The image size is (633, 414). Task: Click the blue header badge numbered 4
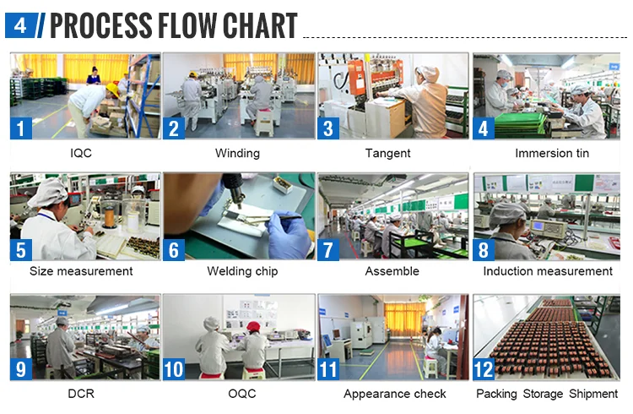point(20,25)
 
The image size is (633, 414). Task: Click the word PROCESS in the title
point(100,25)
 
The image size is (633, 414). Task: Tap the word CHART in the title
point(260,25)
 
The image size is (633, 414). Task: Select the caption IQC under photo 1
point(81,153)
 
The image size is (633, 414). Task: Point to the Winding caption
point(237,153)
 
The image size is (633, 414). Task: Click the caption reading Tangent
point(387,153)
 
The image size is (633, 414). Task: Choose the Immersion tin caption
point(552,153)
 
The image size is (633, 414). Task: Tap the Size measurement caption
point(81,271)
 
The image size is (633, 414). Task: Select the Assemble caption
point(392,271)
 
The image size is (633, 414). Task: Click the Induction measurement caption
point(548,271)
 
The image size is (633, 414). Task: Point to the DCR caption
point(81,394)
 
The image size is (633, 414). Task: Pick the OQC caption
point(242,394)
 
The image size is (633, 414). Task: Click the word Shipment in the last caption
point(593,394)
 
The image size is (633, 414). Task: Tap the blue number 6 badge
point(174,249)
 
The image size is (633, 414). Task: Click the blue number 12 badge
point(484,369)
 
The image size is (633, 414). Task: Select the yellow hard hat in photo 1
point(112,90)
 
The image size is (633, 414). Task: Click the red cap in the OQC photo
point(253,326)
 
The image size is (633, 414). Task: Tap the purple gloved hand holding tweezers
point(288,235)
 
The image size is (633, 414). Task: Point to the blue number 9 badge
point(21,369)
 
